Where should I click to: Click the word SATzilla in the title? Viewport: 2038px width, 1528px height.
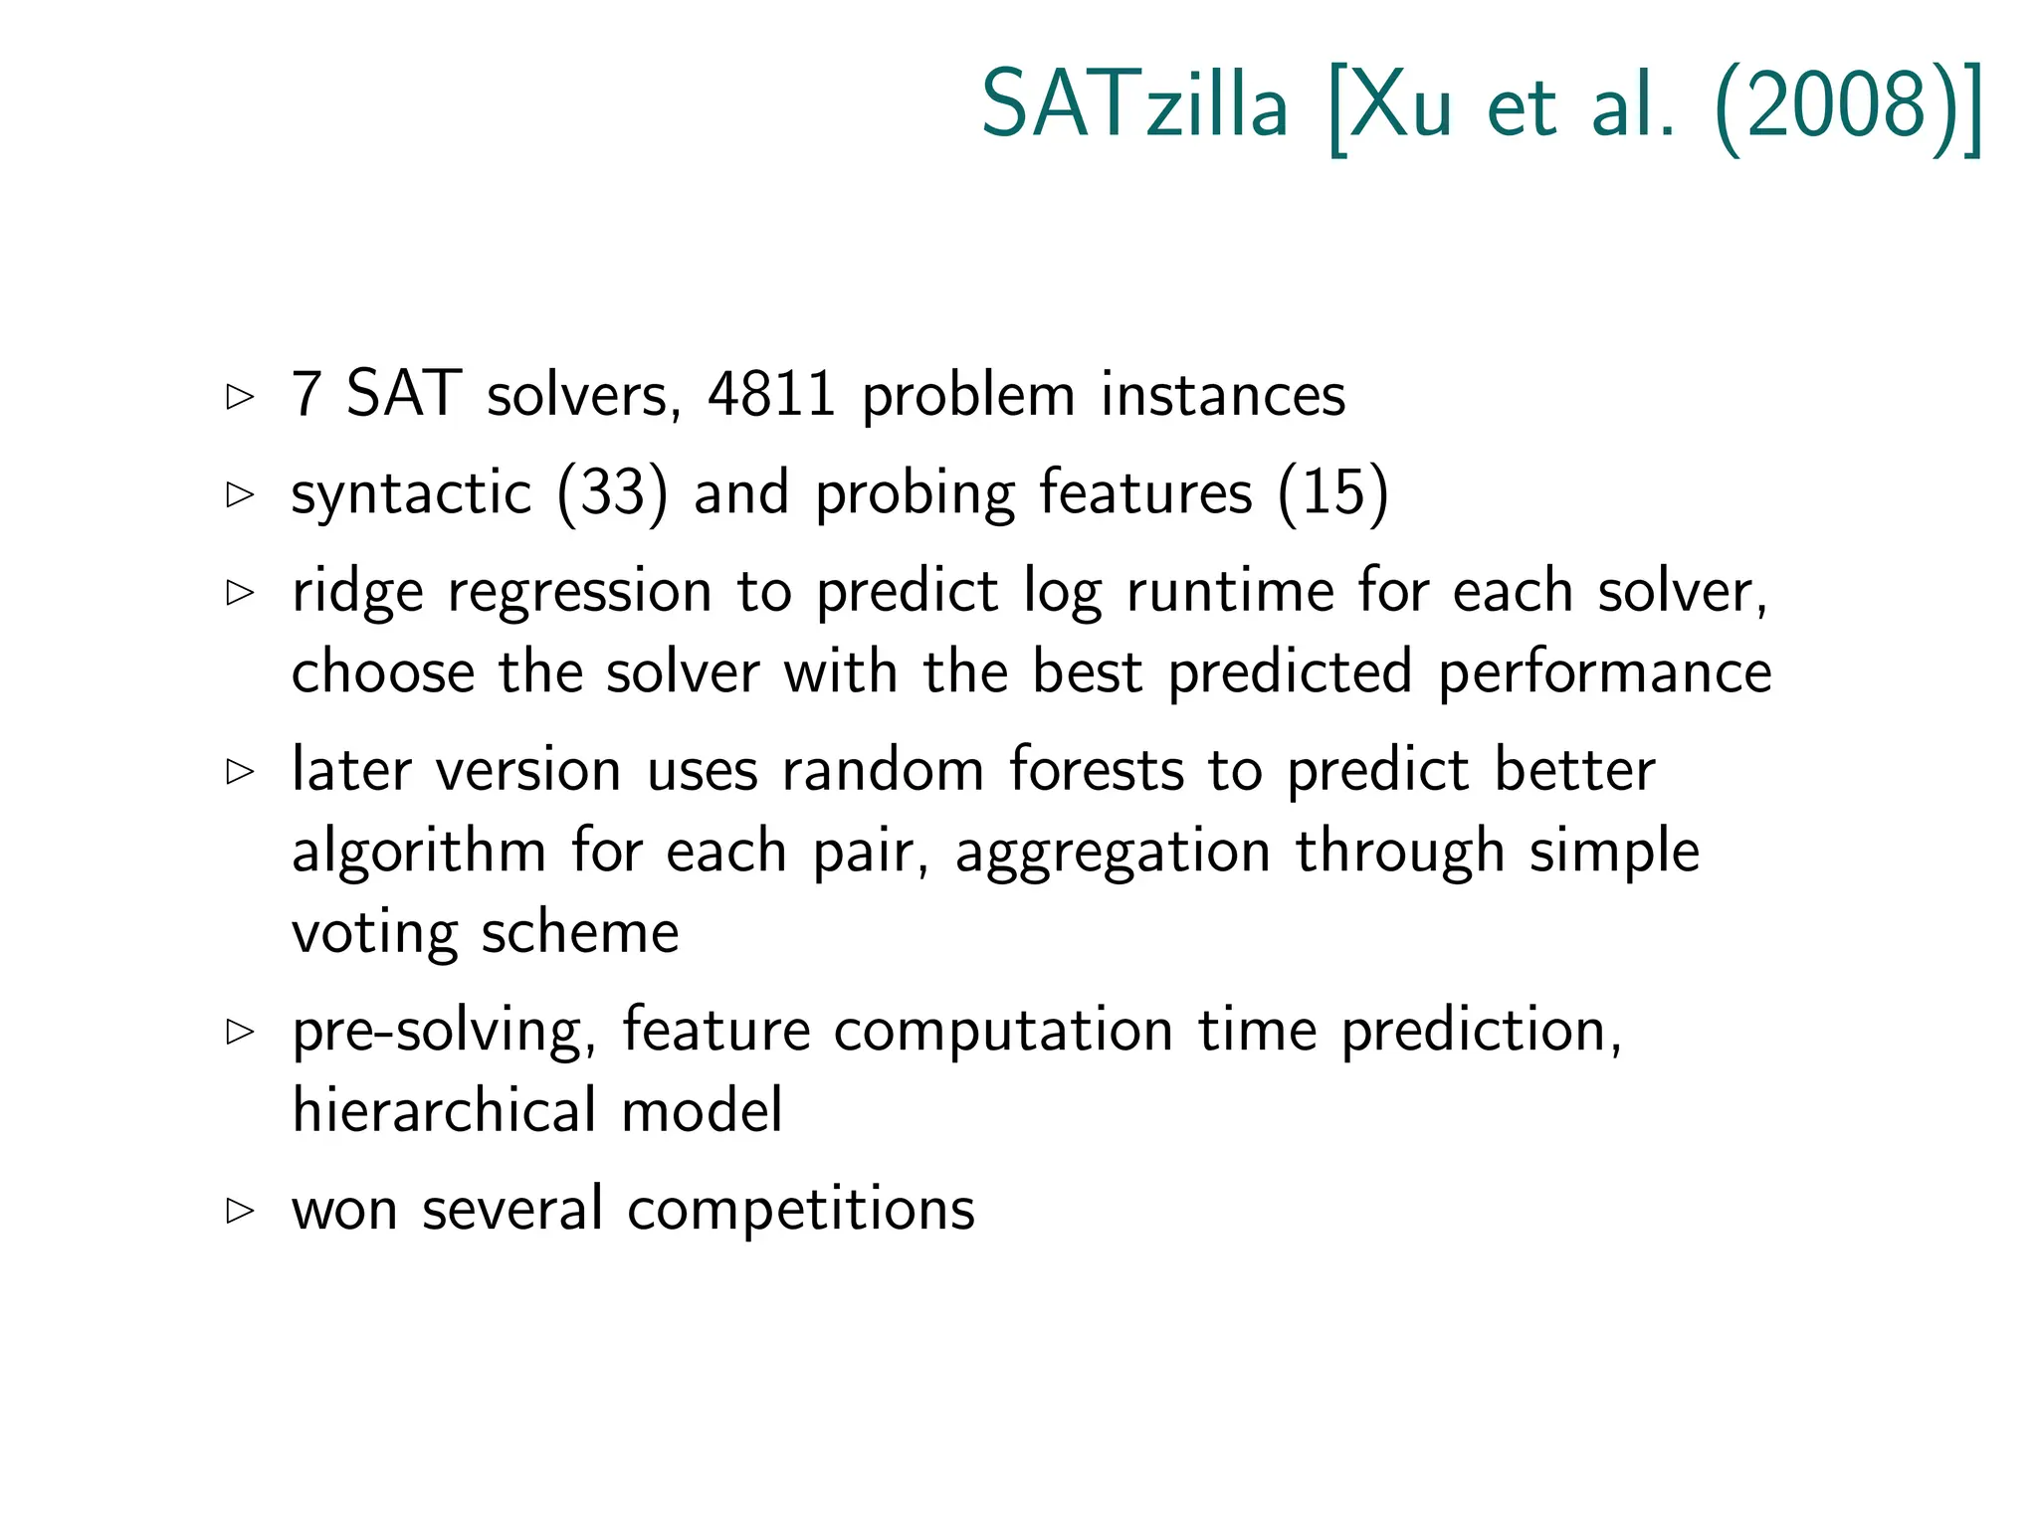[1134, 104]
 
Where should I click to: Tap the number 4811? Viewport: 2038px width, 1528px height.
[771, 394]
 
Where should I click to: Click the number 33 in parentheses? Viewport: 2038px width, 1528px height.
[612, 492]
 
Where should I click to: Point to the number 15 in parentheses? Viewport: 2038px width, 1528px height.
[1333, 492]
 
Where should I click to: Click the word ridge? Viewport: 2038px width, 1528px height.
[357, 593]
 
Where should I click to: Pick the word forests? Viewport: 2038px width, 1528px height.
[1097, 770]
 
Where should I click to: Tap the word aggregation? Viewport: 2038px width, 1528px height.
[1113, 854]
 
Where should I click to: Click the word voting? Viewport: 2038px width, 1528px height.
[374, 933]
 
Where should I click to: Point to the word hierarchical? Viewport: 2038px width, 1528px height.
[444, 1110]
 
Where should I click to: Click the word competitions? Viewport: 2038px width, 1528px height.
[801, 1211]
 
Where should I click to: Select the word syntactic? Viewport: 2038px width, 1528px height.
[411, 494]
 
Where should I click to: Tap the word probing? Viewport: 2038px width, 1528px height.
[915, 494]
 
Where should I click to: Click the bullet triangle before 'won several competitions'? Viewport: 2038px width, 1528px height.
[240, 1211]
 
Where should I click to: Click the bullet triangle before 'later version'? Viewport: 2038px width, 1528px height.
[240, 771]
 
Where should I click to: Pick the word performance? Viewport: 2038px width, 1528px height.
[1604, 673]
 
